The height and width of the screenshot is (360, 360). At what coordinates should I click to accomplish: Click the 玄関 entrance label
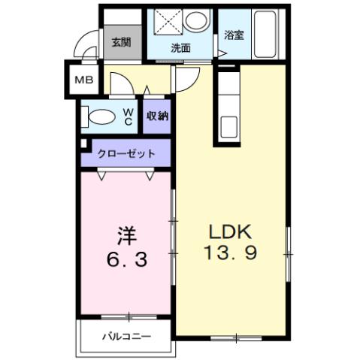click(x=120, y=41)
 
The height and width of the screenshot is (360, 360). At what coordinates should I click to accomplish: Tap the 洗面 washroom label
click(x=180, y=47)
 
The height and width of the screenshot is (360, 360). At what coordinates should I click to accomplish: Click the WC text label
click(x=128, y=116)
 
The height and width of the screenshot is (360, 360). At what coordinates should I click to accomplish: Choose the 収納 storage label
click(x=157, y=116)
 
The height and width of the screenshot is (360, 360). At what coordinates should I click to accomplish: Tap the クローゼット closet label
click(x=126, y=153)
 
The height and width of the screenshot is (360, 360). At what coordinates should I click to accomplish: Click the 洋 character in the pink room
click(x=124, y=234)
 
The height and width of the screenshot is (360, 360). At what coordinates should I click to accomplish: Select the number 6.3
click(x=124, y=260)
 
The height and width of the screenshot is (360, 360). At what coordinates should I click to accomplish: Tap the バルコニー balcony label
click(x=127, y=336)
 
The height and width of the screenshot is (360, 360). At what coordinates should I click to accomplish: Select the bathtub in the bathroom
click(x=266, y=35)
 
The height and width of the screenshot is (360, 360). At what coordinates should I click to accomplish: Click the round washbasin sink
click(x=198, y=23)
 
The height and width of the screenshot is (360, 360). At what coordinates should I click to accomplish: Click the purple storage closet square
click(x=157, y=116)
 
